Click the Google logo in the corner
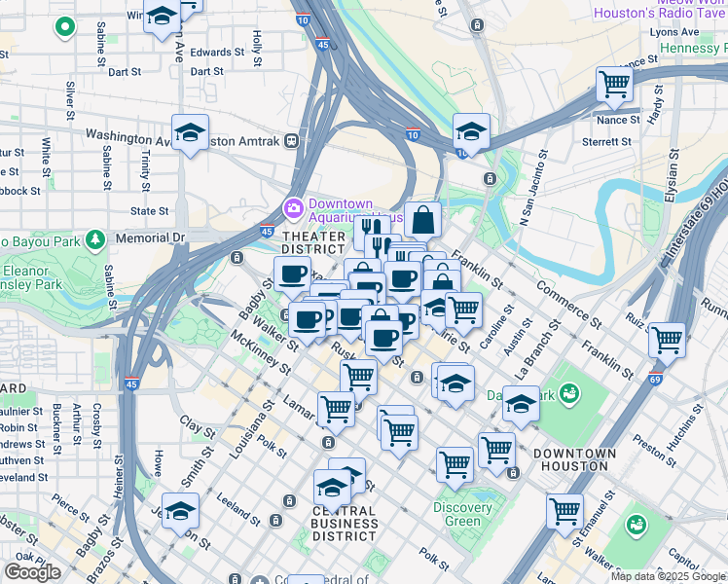32,572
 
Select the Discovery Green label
463,514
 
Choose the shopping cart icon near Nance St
614,85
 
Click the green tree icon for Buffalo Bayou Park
94,238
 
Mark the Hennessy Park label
693,48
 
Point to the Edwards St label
217,53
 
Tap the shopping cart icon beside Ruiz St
667,340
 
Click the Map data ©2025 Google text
668,576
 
